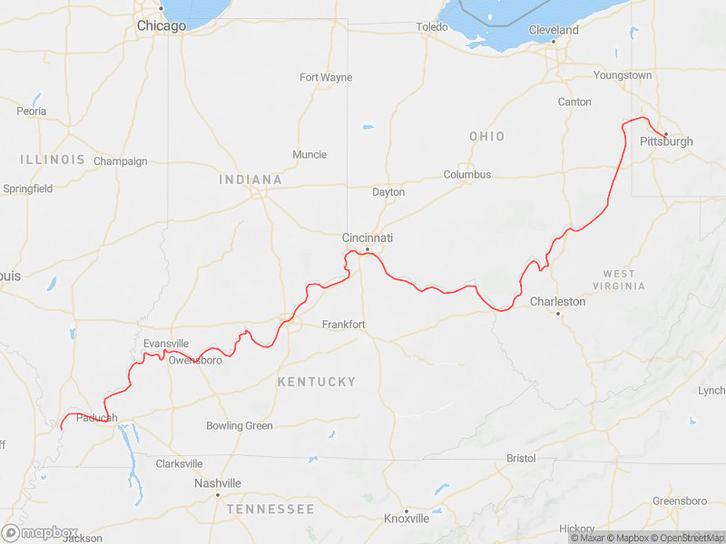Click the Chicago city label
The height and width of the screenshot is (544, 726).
click(x=161, y=26)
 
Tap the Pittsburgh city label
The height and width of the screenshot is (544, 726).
click(x=666, y=141)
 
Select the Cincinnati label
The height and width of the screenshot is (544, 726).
click(x=367, y=238)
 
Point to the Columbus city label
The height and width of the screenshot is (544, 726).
click(x=466, y=174)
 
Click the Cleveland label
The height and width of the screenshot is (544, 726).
click(x=554, y=30)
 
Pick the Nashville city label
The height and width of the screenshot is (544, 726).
click(x=218, y=483)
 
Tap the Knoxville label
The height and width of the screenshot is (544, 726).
click(x=407, y=519)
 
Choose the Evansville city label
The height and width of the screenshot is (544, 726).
click(x=166, y=344)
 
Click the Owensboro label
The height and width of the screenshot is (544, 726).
click(x=195, y=360)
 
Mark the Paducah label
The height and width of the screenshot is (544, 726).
click(x=97, y=417)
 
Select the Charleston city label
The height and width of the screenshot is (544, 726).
click(x=558, y=301)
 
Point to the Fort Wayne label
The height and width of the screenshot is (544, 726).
click(x=326, y=77)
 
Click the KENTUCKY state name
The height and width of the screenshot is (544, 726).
click(x=316, y=382)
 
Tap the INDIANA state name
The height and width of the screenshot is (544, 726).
click(x=250, y=180)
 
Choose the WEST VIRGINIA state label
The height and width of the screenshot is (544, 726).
click(x=623, y=279)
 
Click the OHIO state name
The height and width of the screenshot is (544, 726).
click(x=486, y=136)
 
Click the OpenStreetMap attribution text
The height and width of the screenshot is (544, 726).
click(x=687, y=538)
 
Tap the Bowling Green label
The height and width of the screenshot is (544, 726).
click(x=239, y=425)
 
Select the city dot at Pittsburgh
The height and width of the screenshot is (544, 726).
click(x=665, y=134)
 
